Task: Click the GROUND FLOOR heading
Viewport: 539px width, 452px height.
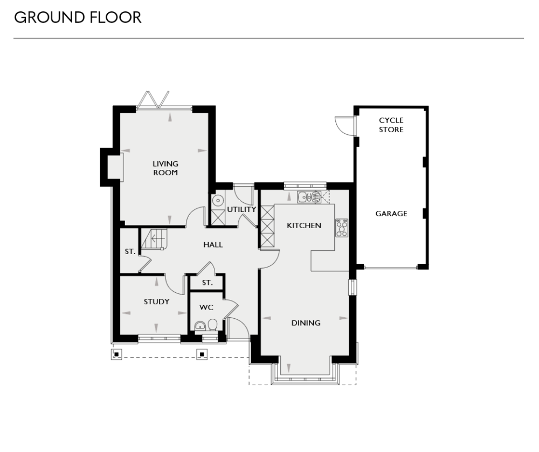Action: pyautogui.click(x=78, y=17)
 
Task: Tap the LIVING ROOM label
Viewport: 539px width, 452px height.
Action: pyautogui.click(x=165, y=168)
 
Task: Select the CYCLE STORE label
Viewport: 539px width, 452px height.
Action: pyautogui.click(x=391, y=125)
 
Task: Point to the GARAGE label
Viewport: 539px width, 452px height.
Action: pyautogui.click(x=391, y=214)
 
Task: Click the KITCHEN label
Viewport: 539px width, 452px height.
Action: pyautogui.click(x=303, y=225)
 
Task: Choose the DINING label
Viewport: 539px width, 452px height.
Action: pyautogui.click(x=306, y=323)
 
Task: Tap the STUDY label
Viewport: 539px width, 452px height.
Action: pyautogui.click(x=156, y=302)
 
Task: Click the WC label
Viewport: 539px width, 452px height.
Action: pyautogui.click(x=206, y=307)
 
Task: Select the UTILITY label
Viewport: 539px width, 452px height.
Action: pyautogui.click(x=241, y=209)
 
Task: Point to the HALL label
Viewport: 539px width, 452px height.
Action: pyautogui.click(x=213, y=245)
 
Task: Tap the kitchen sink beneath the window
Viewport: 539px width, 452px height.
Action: pyautogui.click(x=309, y=197)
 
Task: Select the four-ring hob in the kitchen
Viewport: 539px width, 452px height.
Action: pyautogui.click(x=342, y=228)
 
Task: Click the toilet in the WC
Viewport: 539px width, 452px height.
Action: pyautogui.click(x=212, y=325)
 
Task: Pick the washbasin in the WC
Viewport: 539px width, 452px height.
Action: pyautogui.click(x=199, y=325)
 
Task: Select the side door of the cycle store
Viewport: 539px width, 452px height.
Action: pyautogui.click(x=343, y=126)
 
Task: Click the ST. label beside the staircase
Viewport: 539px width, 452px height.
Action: pyautogui.click(x=129, y=251)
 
